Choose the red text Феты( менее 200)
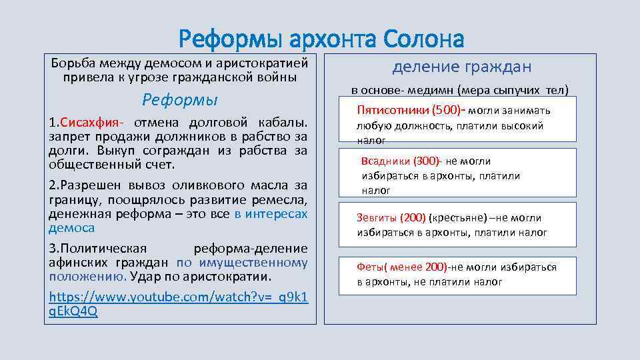[402, 267]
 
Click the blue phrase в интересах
[271, 214]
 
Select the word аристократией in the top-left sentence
[266, 63]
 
